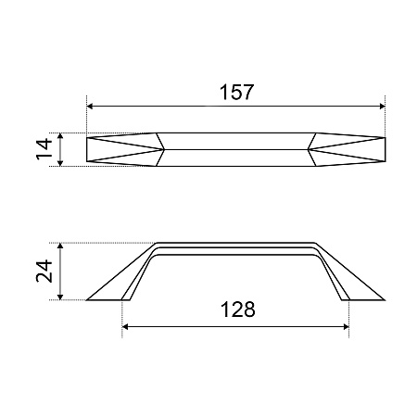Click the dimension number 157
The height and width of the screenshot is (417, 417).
[236, 92]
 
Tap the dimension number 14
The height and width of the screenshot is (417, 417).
[44, 149]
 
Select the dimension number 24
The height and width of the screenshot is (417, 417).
[44, 271]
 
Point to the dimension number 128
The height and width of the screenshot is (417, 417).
[238, 310]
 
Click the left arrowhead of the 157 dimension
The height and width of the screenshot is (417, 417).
[90, 107]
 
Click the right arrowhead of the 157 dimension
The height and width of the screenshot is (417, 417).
[382, 107]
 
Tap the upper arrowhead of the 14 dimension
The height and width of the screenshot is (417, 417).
[60, 136]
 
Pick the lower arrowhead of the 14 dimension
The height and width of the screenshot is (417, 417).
[60, 163]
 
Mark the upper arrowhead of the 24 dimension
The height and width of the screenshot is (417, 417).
[60, 246]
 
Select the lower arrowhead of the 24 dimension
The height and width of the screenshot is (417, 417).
[60, 297]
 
